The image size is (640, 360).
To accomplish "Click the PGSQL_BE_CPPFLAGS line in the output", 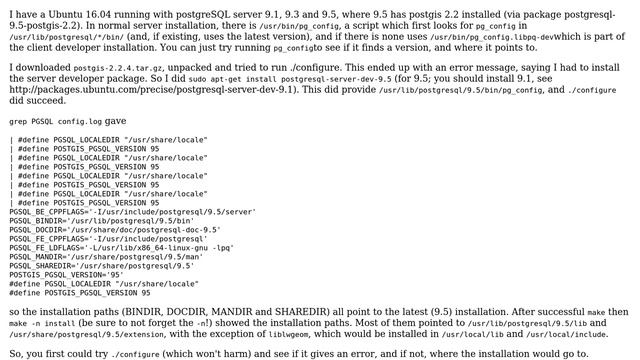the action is [x=132, y=212].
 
